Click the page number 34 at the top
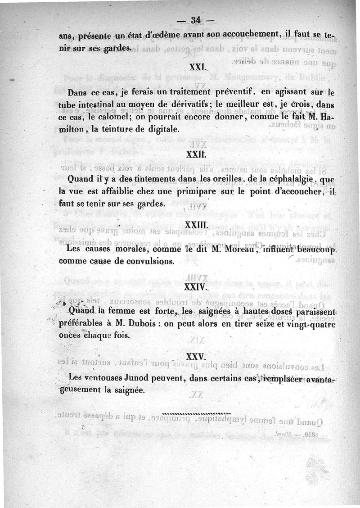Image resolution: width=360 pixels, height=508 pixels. click(x=195, y=20)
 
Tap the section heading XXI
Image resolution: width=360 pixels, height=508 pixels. click(x=197, y=67)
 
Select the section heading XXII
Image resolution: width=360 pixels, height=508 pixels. click(x=195, y=154)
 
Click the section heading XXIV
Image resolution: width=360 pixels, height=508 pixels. click(x=196, y=286)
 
